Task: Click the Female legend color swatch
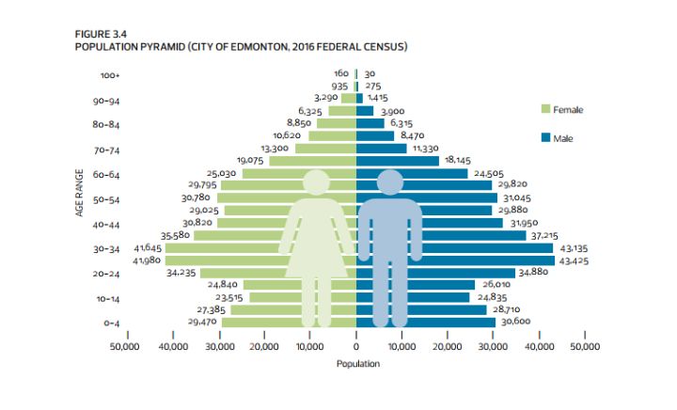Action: pos(545,110)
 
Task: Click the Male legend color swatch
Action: pos(545,137)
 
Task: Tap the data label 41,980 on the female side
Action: pos(148,260)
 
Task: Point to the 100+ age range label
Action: pos(109,75)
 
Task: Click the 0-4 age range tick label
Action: pos(111,323)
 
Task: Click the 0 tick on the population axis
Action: pos(356,347)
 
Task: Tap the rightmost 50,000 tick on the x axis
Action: pos(584,347)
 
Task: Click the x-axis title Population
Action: pos(356,363)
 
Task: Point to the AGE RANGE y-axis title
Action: pos(82,196)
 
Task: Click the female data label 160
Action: pos(341,73)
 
